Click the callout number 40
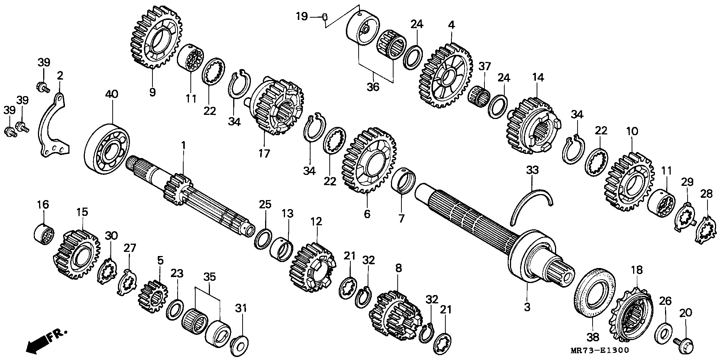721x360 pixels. click(112, 94)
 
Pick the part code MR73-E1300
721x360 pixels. click(599, 351)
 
